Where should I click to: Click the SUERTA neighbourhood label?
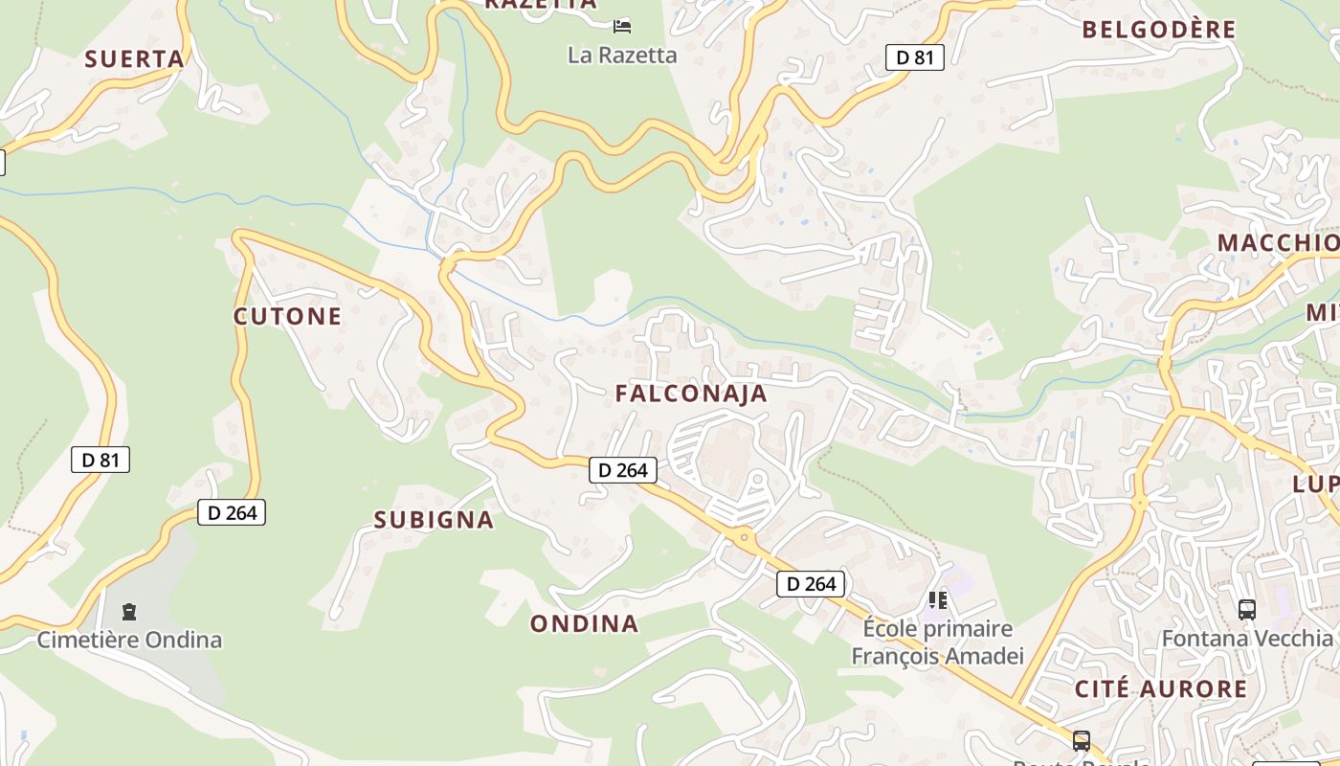coord(134,59)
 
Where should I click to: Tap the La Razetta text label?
coord(622,56)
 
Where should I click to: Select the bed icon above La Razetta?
coord(622,26)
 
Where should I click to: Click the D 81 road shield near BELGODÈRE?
coord(914,57)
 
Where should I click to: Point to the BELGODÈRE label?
coord(1158,30)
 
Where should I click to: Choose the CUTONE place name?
coord(287,317)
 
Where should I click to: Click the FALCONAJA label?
coord(691,394)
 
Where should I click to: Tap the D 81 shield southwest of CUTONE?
coord(100,460)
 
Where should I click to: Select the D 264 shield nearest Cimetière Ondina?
coord(232,512)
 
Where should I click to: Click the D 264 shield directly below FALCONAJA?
coord(623,469)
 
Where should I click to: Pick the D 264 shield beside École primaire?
coord(811,583)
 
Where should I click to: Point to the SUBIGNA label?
coord(434,520)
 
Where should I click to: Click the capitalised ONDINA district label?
coord(584,624)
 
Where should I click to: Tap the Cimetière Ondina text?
coord(129,640)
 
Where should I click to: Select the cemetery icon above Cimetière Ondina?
coord(129,611)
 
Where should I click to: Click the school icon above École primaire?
coord(937,600)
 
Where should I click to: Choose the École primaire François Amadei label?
coord(937,642)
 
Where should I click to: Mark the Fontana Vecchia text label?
coord(1246,638)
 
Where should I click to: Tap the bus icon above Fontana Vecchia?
coord(1246,609)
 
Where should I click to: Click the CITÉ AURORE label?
coord(1160,689)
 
